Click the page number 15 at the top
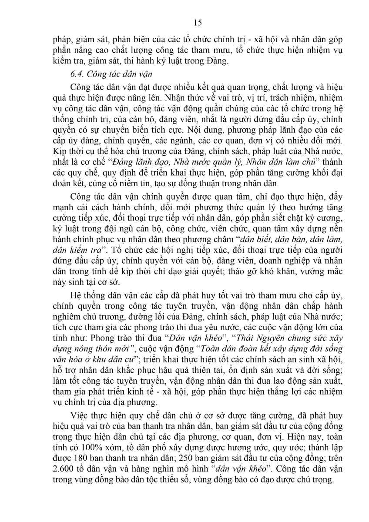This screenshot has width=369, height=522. (184, 23)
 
